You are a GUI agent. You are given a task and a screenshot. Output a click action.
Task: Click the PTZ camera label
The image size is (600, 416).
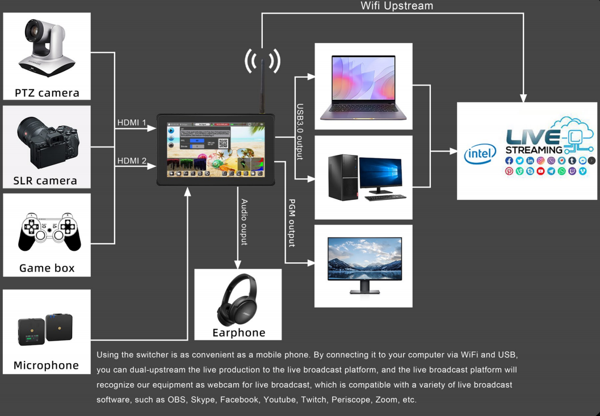(47, 93)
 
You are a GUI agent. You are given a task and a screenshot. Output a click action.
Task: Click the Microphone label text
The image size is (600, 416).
(47, 365)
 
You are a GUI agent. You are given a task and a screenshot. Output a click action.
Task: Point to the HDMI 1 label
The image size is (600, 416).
(132, 123)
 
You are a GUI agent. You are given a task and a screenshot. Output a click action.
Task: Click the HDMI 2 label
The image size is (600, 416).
(132, 161)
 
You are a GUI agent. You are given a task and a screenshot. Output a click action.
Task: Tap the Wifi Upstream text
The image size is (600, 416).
(397, 6)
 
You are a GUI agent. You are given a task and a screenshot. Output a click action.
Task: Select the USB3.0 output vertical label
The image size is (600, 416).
(300, 131)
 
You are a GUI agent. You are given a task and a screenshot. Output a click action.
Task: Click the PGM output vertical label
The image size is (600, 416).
(292, 222)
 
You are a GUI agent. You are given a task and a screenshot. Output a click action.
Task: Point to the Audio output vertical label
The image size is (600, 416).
(245, 222)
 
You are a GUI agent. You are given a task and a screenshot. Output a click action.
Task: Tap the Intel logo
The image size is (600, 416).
(480, 153)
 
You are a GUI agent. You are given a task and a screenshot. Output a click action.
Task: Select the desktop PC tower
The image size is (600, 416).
(343, 177)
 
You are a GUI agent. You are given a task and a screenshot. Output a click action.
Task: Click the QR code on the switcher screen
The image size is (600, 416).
(223, 144)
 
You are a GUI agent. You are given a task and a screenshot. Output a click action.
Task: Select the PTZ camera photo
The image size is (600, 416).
(47, 48)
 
